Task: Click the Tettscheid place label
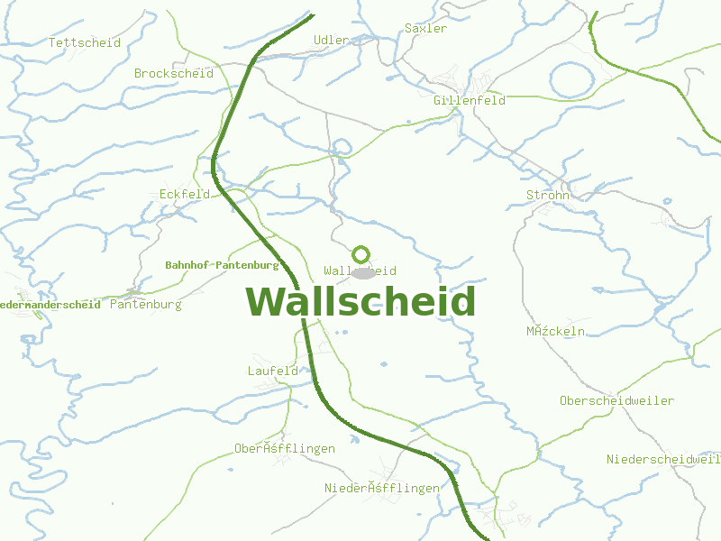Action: click(x=85, y=42)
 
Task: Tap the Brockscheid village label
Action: click(x=174, y=73)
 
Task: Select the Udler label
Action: click(x=331, y=40)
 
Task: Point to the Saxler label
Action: click(x=425, y=28)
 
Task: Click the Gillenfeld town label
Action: click(x=469, y=100)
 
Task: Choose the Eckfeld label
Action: click(x=185, y=194)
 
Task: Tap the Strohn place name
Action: click(x=548, y=195)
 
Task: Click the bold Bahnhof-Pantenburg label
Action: click(x=222, y=265)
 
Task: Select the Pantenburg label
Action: click(x=145, y=305)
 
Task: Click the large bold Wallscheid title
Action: click(x=360, y=301)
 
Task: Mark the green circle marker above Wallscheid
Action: click(x=361, y=255)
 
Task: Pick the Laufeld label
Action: click(x=272, y=371)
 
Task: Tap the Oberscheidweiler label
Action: click(x=616, y=400)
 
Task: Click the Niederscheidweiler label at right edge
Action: click(x=663, y=459)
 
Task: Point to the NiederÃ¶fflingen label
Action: click(x=382, y=488)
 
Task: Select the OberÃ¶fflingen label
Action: click(x=285, y=448)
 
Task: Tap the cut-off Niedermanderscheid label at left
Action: click(x=50, y=305)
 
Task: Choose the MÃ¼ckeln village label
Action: click(x=555, y=331)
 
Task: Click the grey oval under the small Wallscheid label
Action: click(x=362, y=272)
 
